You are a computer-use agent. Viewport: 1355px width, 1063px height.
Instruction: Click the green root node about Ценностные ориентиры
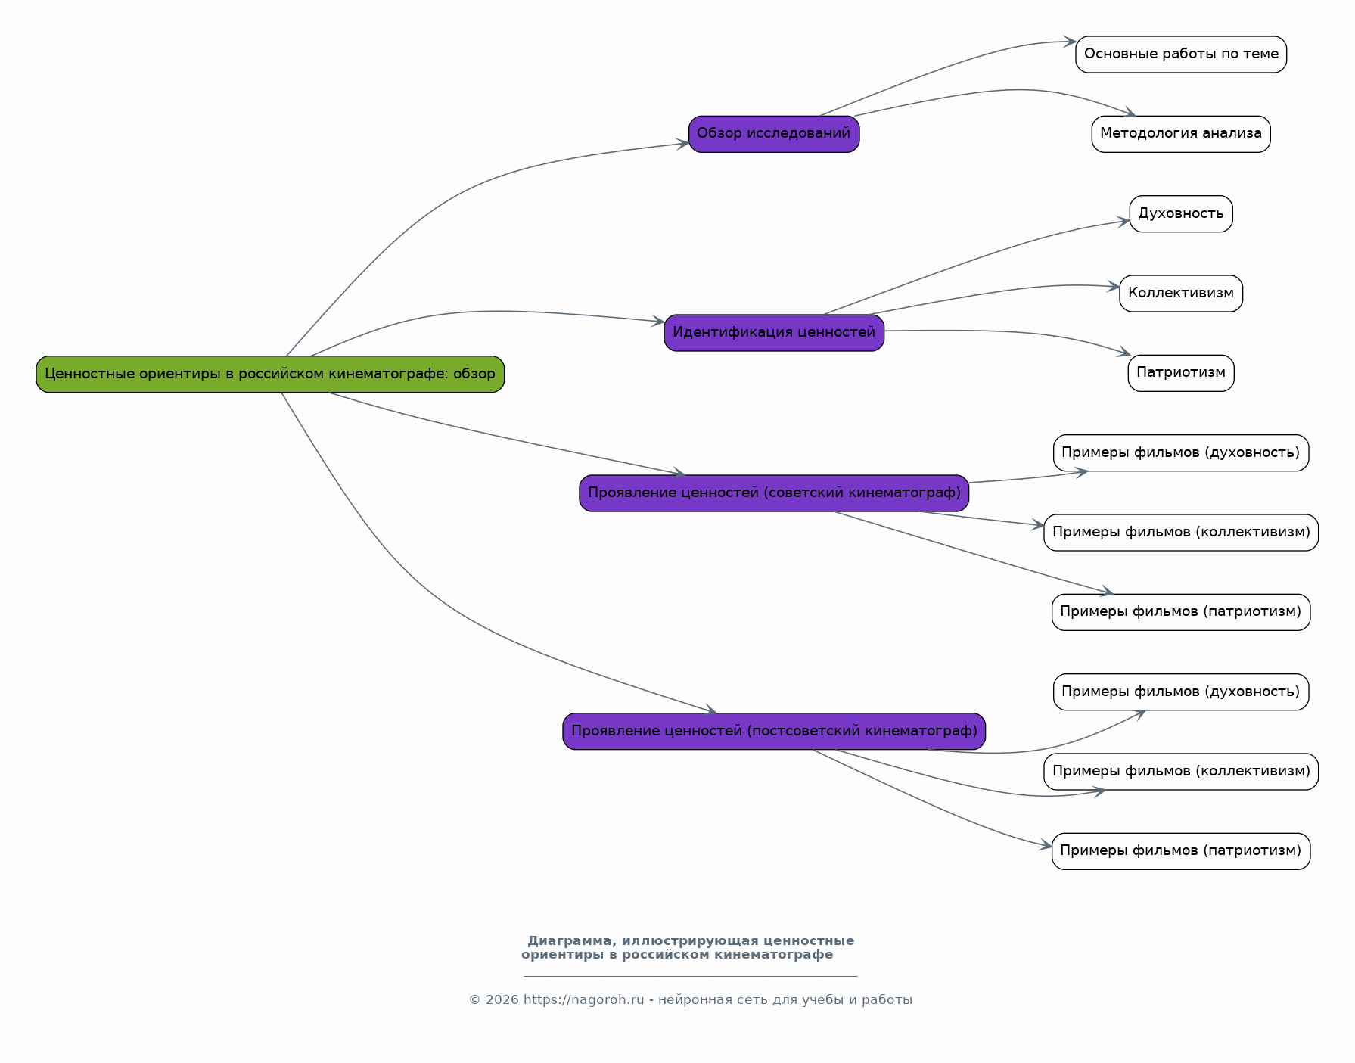click(x=270, y=374)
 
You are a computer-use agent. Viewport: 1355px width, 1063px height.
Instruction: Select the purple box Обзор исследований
click(x=774, y=134)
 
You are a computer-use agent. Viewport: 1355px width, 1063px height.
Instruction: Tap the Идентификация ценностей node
click(x=774, y=333)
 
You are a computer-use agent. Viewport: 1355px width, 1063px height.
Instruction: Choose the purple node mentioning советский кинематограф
click(x=774, y=493)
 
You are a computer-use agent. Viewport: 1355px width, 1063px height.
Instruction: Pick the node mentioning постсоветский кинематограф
click(x=774, y=732)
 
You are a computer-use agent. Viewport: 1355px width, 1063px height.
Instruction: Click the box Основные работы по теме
click(x=1181, y=54)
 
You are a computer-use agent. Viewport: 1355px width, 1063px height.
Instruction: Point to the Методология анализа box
click(x=1181, y=134)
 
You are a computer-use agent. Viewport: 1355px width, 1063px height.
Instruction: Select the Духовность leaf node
click(x=1181, y=214)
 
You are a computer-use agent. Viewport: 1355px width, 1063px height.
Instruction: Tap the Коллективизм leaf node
click(x=1181, y=294)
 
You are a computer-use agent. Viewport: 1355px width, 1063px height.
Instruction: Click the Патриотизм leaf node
click(x=1181, y=373)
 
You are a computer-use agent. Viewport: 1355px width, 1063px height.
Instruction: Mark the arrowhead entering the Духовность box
click(x=1123, y=222)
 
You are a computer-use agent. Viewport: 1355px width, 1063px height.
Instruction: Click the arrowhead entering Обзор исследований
click(x=682, y=144)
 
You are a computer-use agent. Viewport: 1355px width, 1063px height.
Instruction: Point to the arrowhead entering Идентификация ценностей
click(x=658, y=322)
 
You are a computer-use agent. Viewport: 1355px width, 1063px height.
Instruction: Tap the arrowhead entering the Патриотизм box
click(x=1124, y=353)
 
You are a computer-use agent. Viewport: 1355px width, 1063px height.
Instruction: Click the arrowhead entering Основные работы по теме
click(x=1069, y=42)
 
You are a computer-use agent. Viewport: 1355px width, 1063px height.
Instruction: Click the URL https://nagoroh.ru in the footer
click(x=584, y=1000)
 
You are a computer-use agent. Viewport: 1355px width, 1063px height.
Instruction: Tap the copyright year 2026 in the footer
click(x=502, y=1000)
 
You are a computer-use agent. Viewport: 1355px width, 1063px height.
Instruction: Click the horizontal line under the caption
click(x=691, y=976)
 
